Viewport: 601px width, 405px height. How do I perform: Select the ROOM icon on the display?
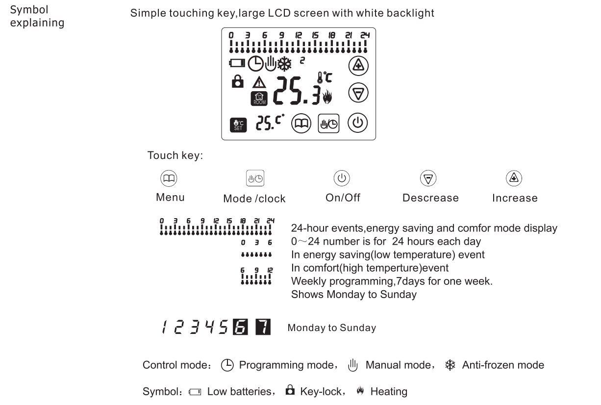coord(258,99)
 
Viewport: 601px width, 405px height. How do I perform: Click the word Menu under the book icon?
coord(170,198)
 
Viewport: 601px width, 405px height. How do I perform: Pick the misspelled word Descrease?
coord(430,198)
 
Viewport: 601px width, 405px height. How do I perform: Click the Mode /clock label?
coord(254,199)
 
